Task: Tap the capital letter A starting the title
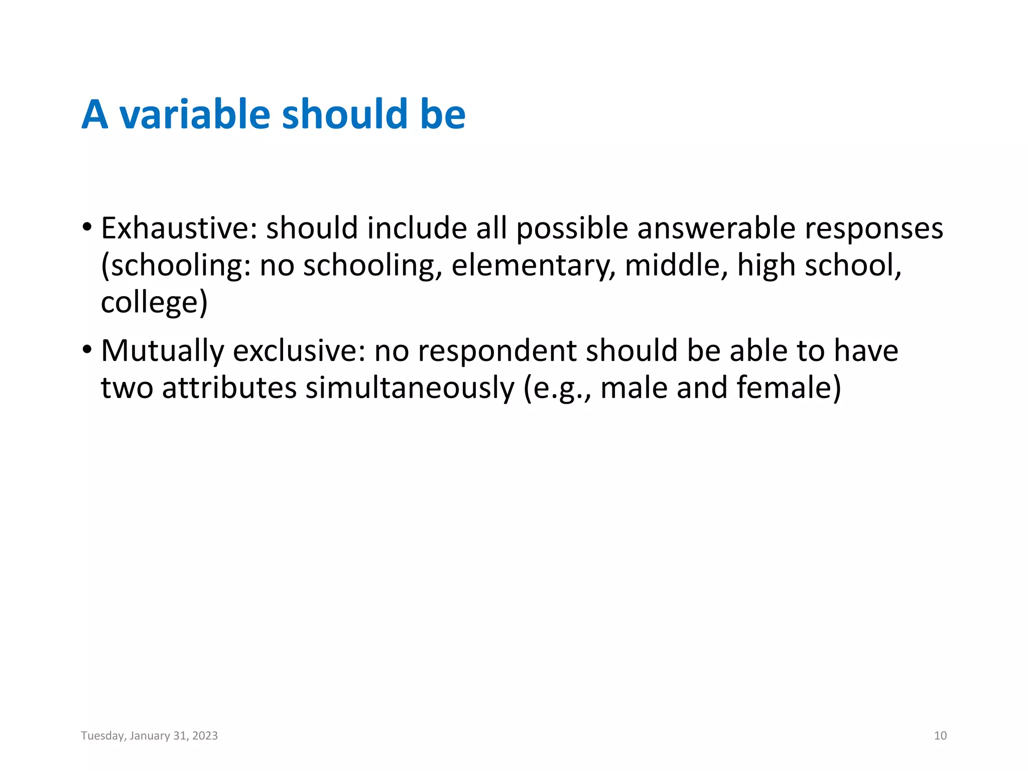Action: coord(95,114)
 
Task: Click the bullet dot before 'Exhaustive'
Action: coord(87,227)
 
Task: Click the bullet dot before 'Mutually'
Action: coord(87,349)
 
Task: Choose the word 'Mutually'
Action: coord(162,351)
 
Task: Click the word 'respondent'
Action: coord(497,351)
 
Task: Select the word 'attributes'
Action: coord(229,388)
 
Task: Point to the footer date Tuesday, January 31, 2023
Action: coord(150,736)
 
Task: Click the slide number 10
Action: coord(940,736)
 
